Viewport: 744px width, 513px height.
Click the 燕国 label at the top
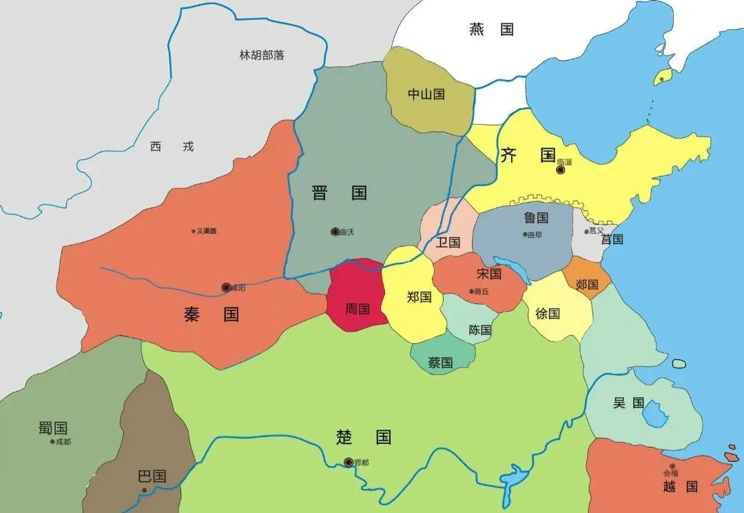tap(491, 29)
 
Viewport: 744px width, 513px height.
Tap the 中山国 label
tap(426, 94)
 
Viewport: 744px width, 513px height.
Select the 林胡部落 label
tap(261, 55)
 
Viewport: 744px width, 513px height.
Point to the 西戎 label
tap(172, 146)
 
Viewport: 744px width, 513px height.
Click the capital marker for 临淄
tap(561, 170)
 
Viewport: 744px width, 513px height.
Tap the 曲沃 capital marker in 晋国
tap(335, 232)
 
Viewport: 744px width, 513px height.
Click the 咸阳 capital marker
tap(226, 288)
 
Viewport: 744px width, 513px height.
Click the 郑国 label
tap(419, 297)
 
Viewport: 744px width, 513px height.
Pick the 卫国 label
tap(448, 242)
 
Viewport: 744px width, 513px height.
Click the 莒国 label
tap(612, 239)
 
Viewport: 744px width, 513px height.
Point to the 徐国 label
tap(548, 314)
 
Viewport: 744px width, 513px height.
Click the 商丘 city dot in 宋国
tap(472, 292)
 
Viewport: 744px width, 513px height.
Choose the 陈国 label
tap(479, 330)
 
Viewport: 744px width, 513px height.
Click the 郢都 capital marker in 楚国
tap(349, 462)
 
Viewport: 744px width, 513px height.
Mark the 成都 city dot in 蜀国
tap(52, 441)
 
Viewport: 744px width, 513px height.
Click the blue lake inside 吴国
tap(654, 414)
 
